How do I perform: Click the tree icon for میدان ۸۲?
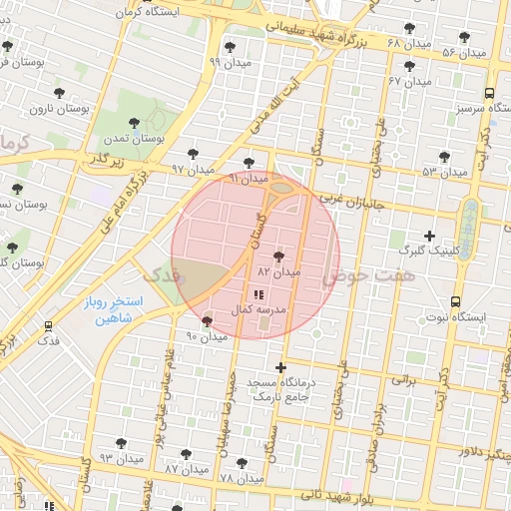pos(278,256)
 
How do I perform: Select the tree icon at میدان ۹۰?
pos(207,321)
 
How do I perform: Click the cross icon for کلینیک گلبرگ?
pos(429,237)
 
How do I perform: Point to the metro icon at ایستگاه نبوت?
pos(456,300)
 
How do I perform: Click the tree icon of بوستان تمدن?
pos(134,124)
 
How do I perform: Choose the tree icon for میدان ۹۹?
pos(230,47)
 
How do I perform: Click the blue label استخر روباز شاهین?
pos(113,309)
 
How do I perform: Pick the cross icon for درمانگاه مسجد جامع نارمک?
pos(280,367)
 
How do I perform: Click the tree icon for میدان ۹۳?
pos(121,443)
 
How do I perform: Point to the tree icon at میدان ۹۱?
pos(249,163)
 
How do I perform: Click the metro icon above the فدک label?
pos(48,326)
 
